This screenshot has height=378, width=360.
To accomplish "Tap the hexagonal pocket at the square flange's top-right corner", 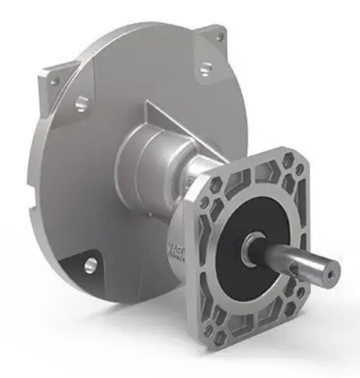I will [x=288, y=161].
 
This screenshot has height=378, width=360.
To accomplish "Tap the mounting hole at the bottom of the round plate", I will [x=91, y=263].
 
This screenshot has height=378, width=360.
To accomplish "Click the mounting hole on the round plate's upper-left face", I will [x=81, y=103].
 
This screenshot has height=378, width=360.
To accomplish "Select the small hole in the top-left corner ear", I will [x=54, y=79].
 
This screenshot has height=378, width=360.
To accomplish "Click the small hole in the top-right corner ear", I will [x=220, y=37].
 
